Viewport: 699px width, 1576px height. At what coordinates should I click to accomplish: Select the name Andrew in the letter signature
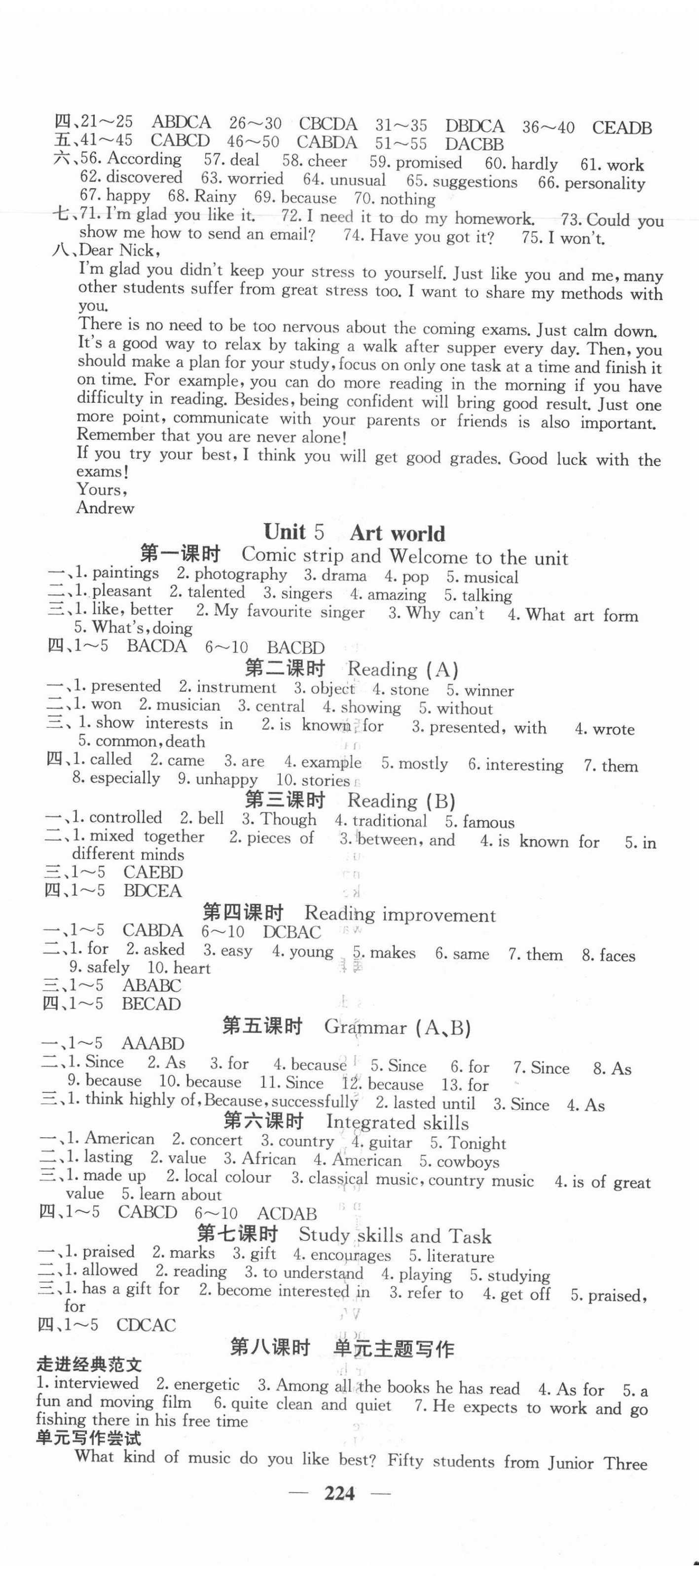[105, 508]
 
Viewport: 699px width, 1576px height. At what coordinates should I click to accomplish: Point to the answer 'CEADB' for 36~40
[621, 128]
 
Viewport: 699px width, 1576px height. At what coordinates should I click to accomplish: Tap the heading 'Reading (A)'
[403, 668]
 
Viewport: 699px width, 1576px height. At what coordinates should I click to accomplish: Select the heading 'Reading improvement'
[400, 914]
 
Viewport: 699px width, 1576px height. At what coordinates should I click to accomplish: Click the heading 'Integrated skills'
[397, 1122]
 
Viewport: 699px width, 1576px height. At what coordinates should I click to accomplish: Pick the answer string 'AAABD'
[152, 1043]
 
